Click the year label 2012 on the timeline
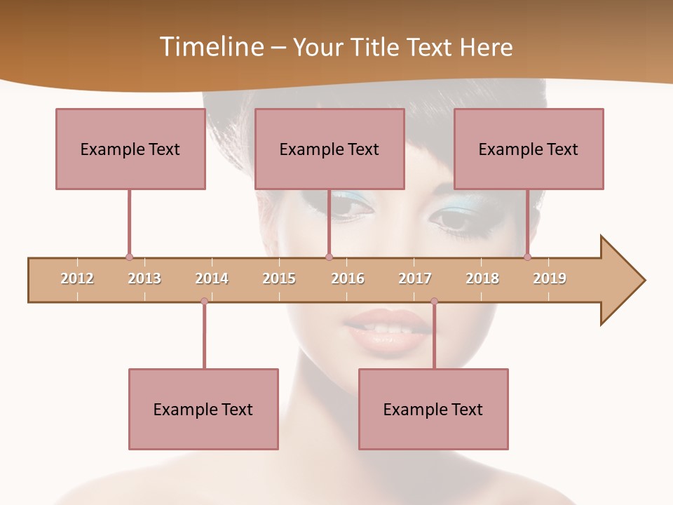[77, 278]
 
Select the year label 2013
[144, 278]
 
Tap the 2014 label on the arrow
[212, 278]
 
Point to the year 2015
[279, 278]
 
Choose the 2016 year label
[348, 278]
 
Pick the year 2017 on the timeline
[415, 278]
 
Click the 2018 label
[482, 278]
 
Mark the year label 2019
[550, 278]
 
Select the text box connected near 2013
[130, 149]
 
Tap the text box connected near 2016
[329, 149]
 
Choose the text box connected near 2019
[529, 149]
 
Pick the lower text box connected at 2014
[203, 409]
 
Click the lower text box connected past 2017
[433, 409]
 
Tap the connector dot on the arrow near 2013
[129, 257]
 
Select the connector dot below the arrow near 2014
[204, 301]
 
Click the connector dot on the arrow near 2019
[527, 257]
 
